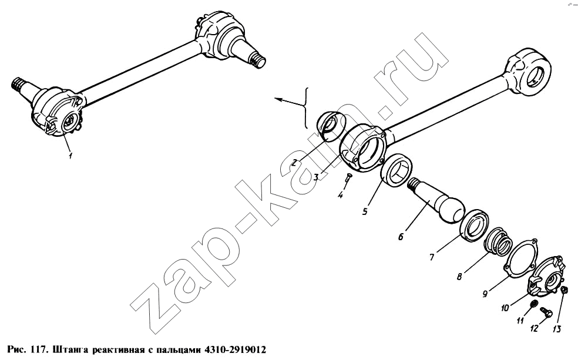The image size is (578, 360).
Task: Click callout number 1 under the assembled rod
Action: point(70,155)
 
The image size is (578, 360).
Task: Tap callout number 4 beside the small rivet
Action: point(340,195)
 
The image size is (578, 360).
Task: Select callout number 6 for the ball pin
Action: point(401,236)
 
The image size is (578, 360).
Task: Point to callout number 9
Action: point(485,294)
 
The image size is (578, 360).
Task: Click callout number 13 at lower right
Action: point(557,329)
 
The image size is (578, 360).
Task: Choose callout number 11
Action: point(520,321)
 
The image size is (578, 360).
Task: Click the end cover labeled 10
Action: point(547,277)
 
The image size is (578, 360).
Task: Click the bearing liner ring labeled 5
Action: point(396,170)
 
